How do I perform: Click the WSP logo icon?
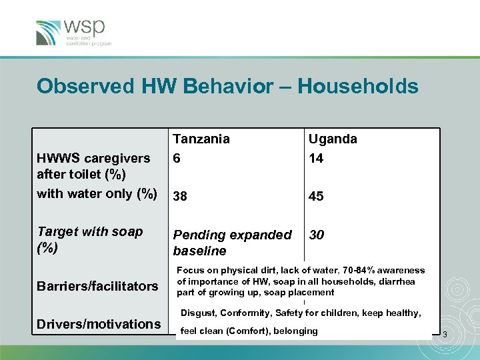49,33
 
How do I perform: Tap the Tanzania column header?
201,139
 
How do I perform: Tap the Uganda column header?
332,139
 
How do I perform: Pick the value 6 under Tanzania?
177,157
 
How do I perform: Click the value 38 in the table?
180,197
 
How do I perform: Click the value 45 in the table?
315,197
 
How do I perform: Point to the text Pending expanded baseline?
232,243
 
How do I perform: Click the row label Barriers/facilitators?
98,286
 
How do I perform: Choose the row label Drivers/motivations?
99,324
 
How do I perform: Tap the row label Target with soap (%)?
90,239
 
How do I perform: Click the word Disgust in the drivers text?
199,313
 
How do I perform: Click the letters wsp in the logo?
85,27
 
